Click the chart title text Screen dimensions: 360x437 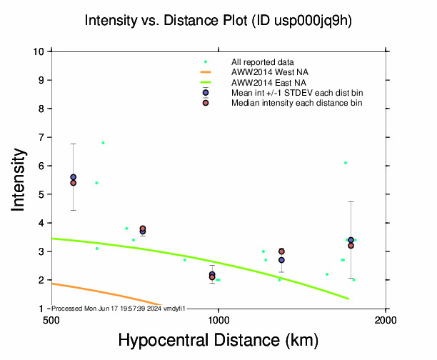(218, 21)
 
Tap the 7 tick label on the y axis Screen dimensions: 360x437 (43, 137)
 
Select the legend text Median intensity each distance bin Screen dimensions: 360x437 (296, 103)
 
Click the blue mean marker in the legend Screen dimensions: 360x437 (206, 93)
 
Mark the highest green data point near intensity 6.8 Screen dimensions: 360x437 (103, 143)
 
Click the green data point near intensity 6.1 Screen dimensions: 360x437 (346, 163)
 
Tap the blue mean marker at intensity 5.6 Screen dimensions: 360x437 (73, 177)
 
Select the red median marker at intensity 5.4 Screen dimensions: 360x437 (73, 183)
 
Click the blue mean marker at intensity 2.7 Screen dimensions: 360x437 (281, 260)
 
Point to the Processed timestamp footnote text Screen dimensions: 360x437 (119, 308)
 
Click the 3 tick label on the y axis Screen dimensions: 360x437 (43, 251)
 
